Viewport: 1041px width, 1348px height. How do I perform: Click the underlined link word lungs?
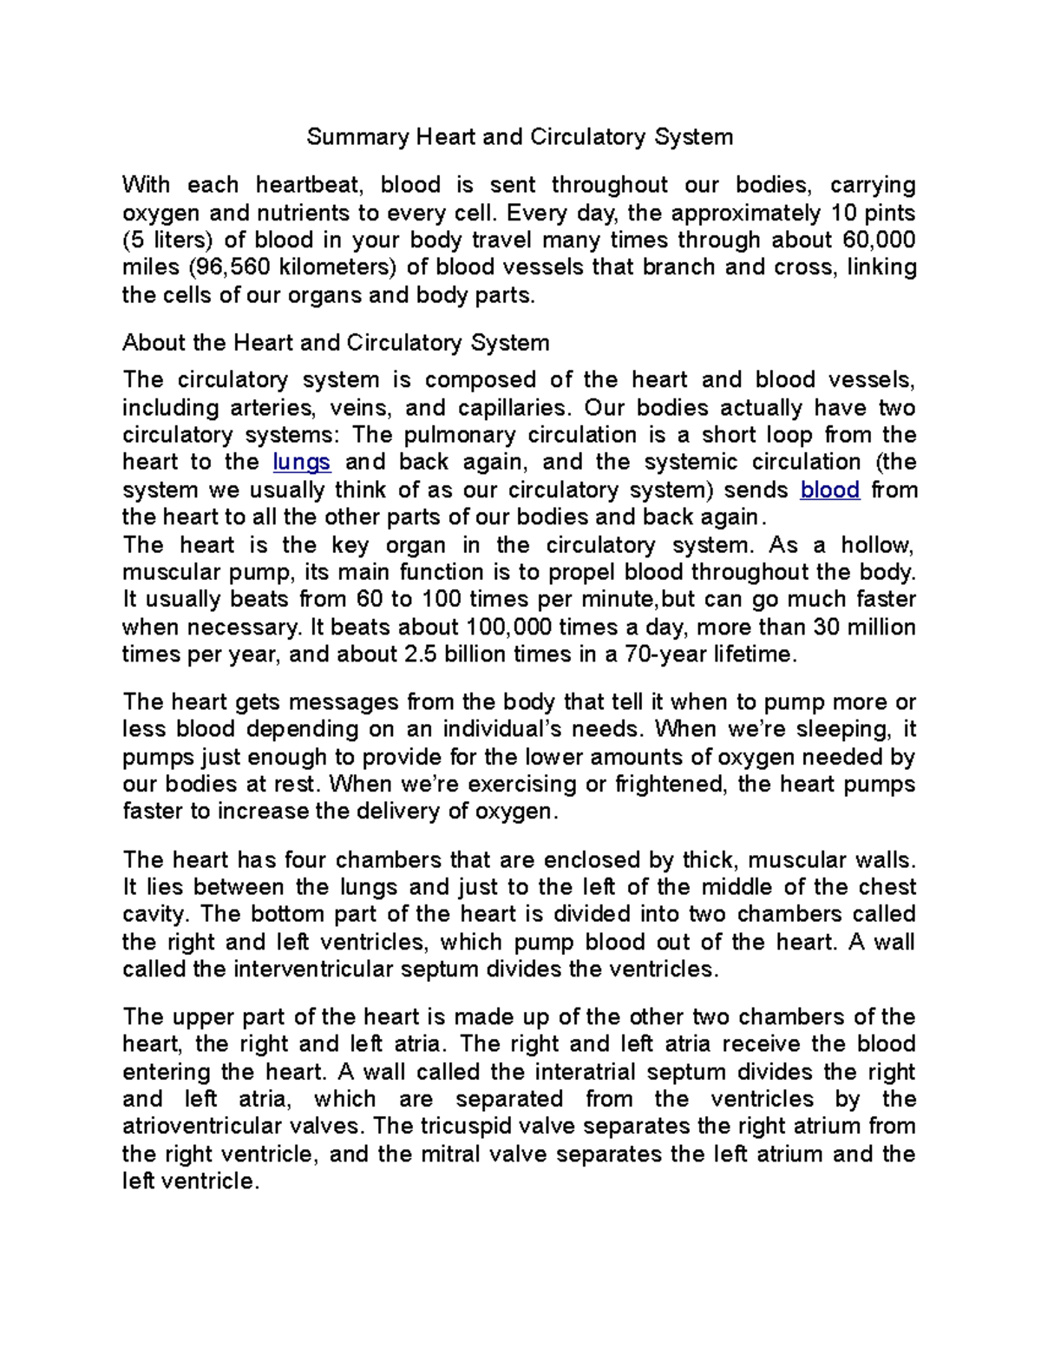click(x=301, y=462)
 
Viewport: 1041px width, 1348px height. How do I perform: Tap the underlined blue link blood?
click(x=829, y=490)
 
